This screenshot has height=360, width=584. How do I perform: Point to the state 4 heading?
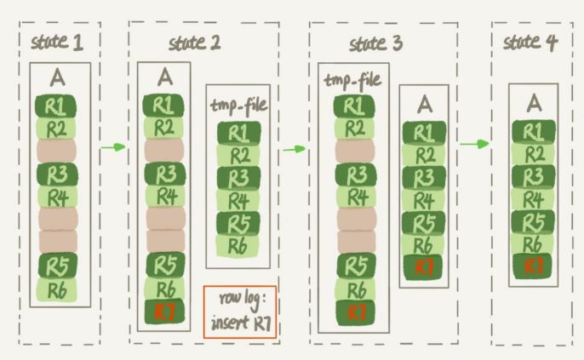coord(530,42)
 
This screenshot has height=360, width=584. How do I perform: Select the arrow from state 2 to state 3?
coord(295,149)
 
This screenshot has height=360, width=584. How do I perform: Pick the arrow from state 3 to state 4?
coord(475,144)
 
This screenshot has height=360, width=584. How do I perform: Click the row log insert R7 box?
coord(240,312)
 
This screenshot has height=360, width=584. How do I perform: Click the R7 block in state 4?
coord(533,265)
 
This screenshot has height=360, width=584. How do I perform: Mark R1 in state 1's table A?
coord(56,108)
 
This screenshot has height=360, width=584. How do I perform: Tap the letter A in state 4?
coord(534,103)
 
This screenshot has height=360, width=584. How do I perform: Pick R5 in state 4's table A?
coord(533,221)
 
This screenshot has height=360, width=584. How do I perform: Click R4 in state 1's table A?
coord(56,197)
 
